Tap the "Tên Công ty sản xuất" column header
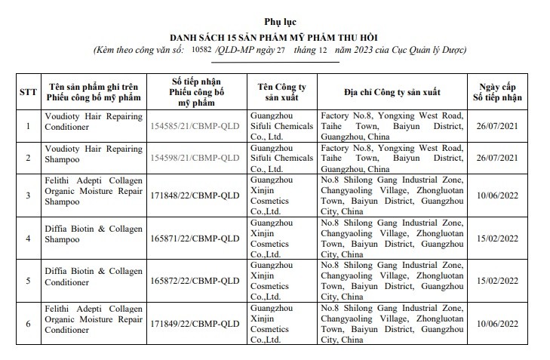[x=284, y=92]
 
